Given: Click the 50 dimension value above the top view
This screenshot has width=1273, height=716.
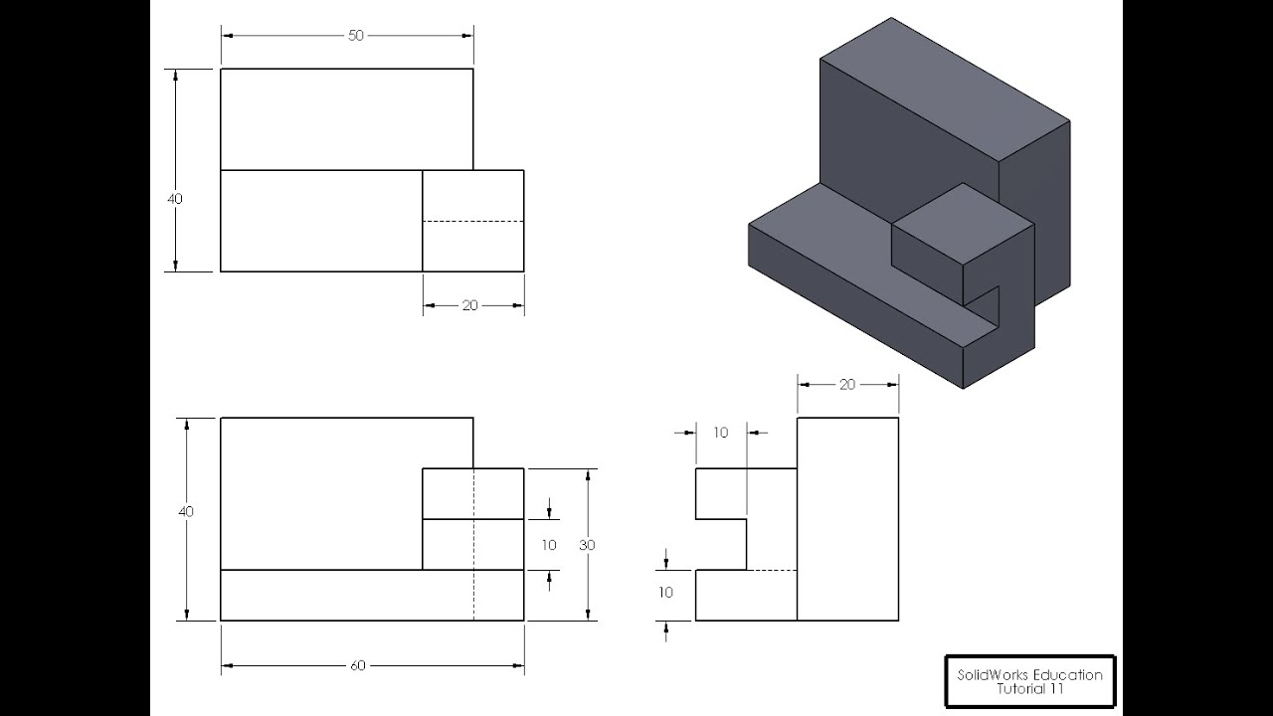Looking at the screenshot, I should pos(355,36).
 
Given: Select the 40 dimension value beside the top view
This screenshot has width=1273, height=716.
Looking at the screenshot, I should pos(175,199).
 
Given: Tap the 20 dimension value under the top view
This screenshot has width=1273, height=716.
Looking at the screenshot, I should pos(470,305).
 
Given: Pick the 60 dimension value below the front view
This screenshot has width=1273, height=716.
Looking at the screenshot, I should pos(358,665).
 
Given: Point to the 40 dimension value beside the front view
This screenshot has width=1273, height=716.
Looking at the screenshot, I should pos(186,511).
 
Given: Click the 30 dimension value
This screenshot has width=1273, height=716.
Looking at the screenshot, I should pos(587,545).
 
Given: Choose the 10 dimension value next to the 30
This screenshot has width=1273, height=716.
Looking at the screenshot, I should pos(549,545).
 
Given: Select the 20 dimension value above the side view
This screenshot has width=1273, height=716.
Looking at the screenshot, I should pos(847,385).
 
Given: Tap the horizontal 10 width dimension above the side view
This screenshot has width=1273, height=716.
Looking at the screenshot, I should pos(721,433).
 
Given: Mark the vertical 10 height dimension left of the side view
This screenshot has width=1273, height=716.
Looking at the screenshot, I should pos(665,592).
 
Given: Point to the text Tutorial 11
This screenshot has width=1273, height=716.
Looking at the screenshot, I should pos(1030,689).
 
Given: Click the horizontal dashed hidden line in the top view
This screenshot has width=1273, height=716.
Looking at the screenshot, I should pos(473,221).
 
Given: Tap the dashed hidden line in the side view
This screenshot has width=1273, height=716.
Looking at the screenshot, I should pos(771,570).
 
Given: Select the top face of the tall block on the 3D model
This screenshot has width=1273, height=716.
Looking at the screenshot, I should pos(945,89).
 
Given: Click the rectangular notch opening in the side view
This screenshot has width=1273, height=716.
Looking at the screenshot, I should pos(721,544).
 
